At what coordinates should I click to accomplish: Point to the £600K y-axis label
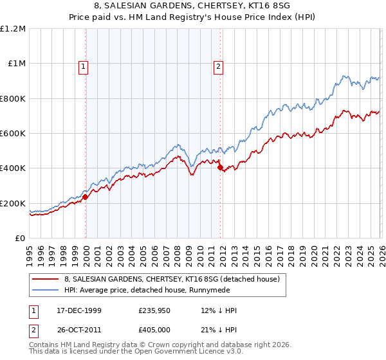pos(14,134)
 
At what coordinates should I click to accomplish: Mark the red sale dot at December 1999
pos(86,197)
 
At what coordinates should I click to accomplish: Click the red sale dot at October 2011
pos(220,168)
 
